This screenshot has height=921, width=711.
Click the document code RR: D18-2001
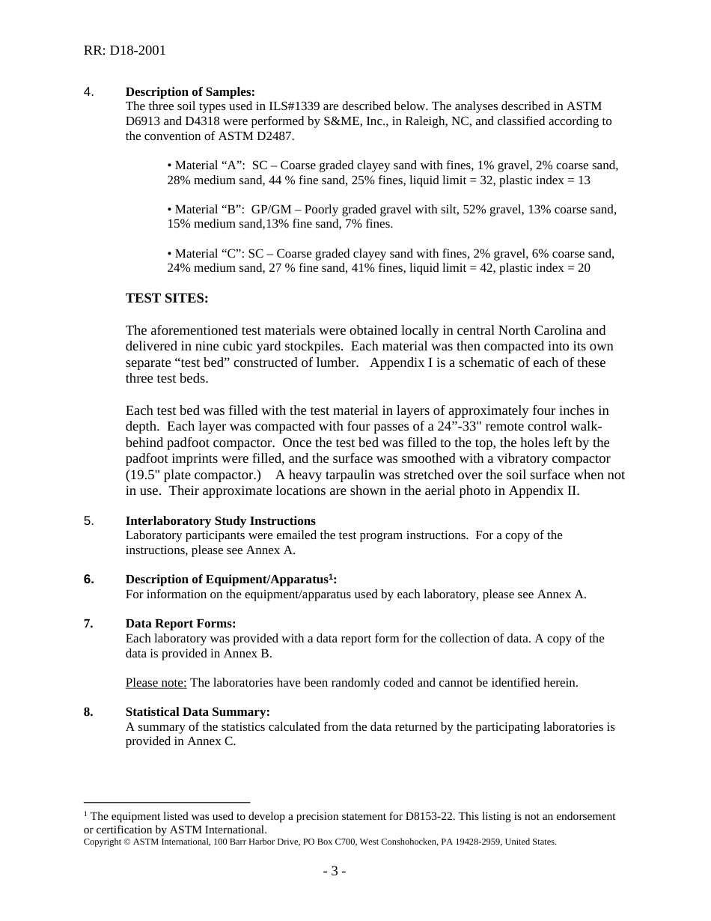(124, 51)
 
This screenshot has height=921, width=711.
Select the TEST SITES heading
(166, 298)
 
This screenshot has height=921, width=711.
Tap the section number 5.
(88, 521)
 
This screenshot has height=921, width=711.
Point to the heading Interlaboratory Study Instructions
(220, 521)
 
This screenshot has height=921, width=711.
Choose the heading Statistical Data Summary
(198, 712)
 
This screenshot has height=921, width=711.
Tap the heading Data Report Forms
(180, 624)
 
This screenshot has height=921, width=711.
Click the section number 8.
(88, 712)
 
